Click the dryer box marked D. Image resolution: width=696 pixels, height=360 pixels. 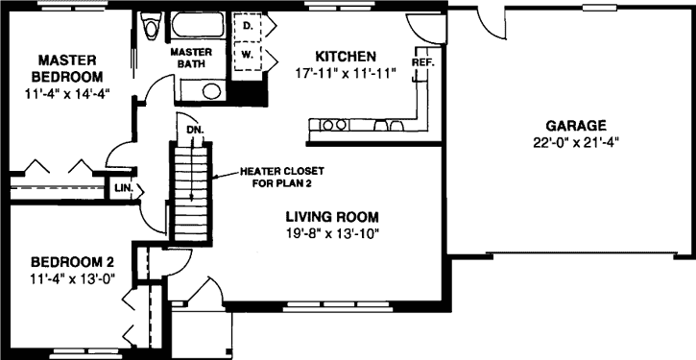[249, 27]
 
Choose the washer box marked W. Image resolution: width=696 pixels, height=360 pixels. [249, 55]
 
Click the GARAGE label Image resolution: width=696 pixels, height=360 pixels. [576, 126]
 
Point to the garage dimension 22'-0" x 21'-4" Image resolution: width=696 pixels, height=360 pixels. [576, 142]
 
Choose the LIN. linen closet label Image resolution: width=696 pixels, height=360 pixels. [123, 188]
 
